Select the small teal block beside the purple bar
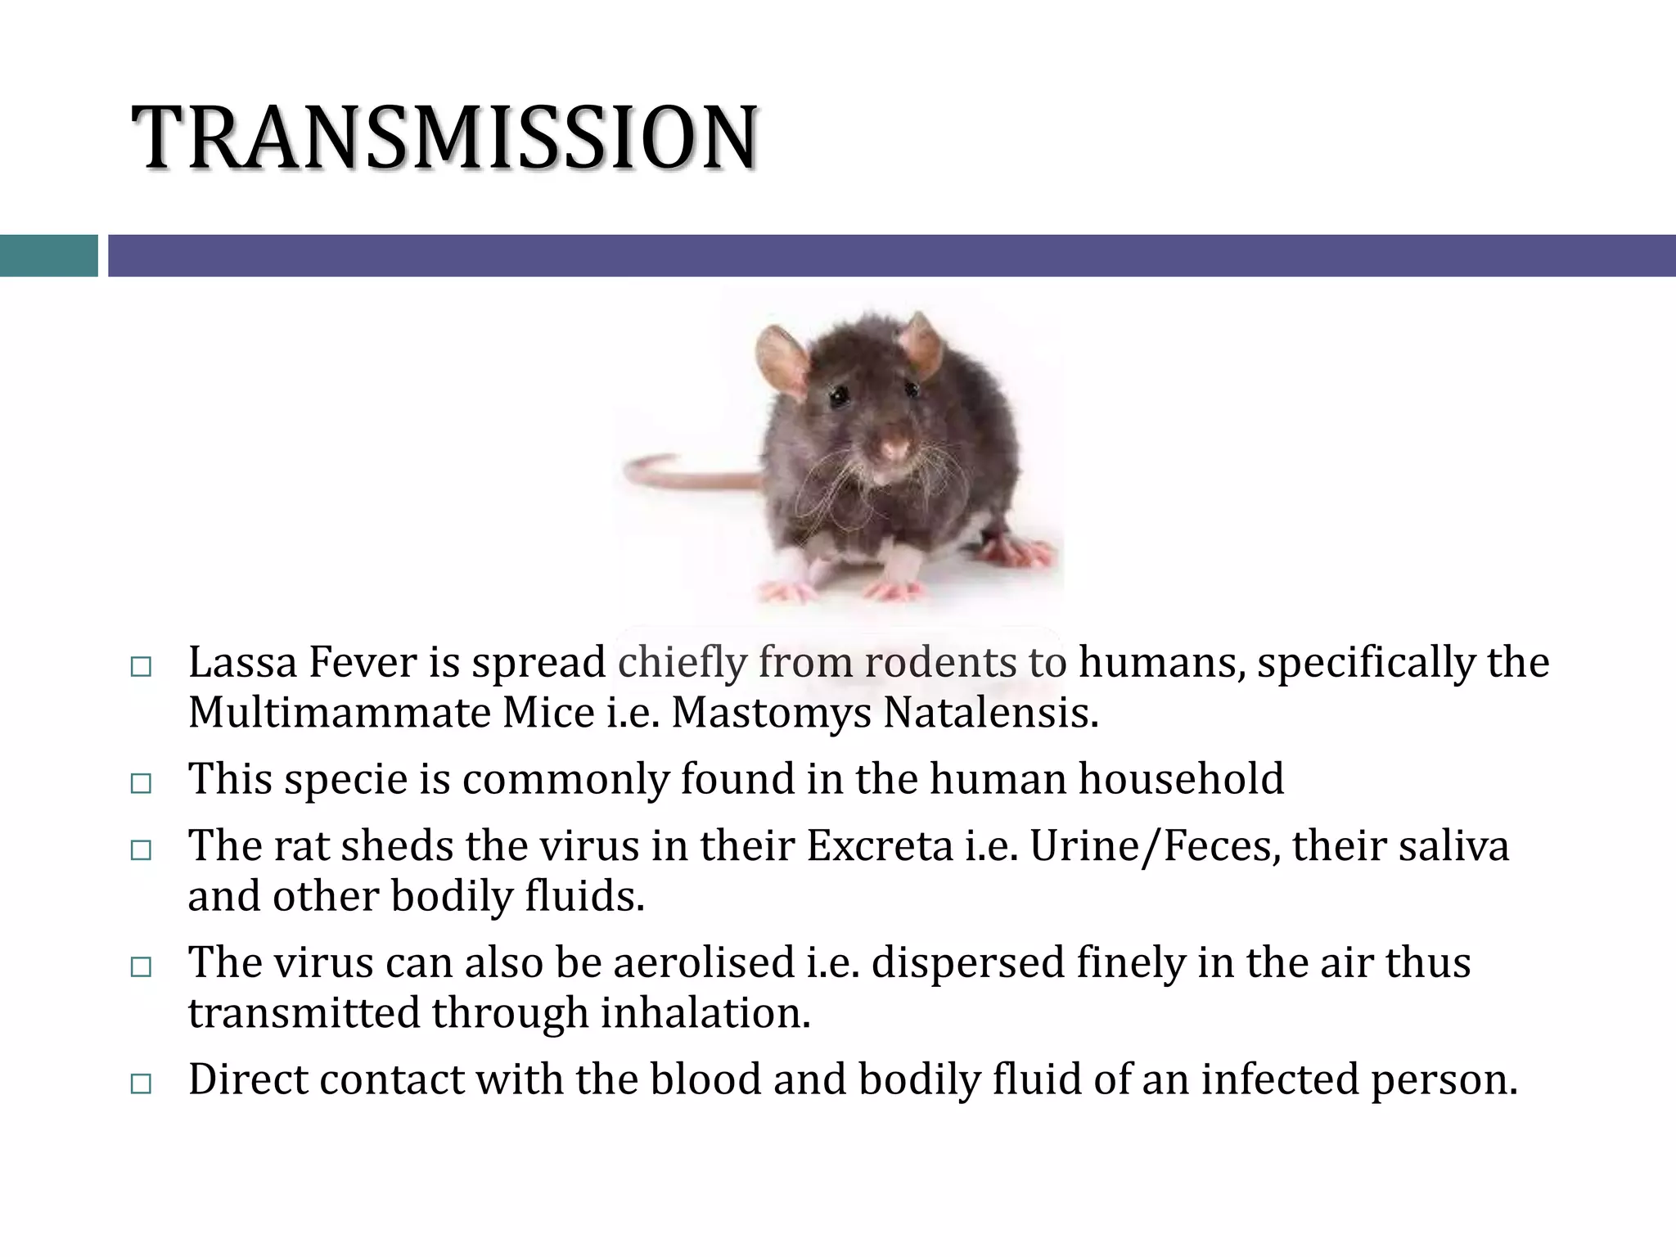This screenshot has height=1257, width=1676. (x=48, y=255)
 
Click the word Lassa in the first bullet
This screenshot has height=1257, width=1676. (x=242, y=662)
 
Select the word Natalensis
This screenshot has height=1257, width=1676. (x=989, y=713)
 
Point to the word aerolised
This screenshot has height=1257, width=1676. (x=704, y=962)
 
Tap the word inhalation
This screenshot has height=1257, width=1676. (x=705, y=1013)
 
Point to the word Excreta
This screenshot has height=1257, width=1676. (x=880, y=845)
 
